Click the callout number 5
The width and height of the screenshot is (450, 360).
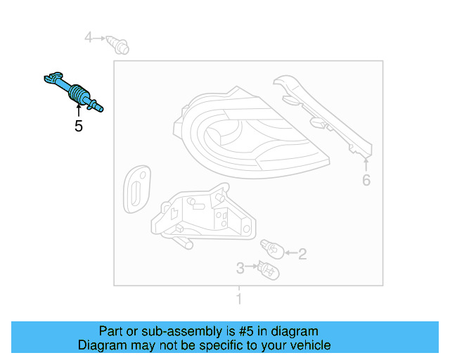tap(78, 127)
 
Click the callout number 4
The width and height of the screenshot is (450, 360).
tap(89, 37)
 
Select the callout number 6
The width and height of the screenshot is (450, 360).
tap(366, 181)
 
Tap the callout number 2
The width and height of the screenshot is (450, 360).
tap(302, 254)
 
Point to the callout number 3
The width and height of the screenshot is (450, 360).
tap(240, 268)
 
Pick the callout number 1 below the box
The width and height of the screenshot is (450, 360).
tap(238, 300)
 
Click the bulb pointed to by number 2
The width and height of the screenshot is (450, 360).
tap(271, 247)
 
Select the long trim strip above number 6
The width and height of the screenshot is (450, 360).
tap(323, 112)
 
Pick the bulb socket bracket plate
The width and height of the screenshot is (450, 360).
tap(200, 214)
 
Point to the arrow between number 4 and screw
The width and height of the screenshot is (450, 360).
tap(102, 37)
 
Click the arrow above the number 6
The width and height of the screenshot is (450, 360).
tap(366, 165)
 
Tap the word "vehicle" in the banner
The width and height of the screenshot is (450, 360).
tap(309, 345)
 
